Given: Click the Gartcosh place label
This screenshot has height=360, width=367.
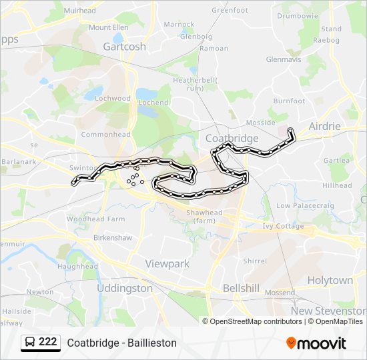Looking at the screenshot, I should [124, 47].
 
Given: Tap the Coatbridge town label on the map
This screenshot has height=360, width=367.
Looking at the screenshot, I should [232, 138].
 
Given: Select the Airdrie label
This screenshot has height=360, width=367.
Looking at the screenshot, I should [324, 126].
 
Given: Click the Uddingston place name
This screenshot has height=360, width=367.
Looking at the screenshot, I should [124, 288].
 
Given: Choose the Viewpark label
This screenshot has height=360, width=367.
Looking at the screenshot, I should [167, 264].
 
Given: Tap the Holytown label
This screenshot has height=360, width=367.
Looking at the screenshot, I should [330, 281].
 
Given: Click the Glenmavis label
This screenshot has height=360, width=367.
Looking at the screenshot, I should [284, 59].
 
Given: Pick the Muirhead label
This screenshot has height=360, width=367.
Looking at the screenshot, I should [79, 11].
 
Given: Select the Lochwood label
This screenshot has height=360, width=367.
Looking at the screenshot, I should [113, 98].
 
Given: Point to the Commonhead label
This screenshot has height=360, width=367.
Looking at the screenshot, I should [105, 134].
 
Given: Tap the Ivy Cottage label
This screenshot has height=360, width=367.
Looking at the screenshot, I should [283, 226].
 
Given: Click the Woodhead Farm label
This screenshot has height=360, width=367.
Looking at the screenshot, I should [95, 219].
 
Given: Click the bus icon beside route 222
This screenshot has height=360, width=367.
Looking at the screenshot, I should [30, 343].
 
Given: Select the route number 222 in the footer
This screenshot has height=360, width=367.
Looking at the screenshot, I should [48, 342].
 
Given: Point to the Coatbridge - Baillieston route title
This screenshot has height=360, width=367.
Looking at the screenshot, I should [121, 343].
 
